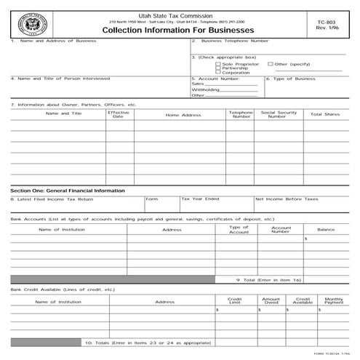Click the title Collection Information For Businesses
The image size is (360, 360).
(177, 31)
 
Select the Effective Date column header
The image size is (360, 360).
(118, 115)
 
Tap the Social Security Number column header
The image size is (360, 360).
(278, 115)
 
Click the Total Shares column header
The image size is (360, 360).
(325, 114)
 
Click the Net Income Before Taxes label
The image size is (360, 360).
(287, 199)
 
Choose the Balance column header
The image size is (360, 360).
(326, 230)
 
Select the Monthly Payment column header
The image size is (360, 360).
(334, 300)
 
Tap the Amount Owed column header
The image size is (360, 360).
(271, 300)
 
